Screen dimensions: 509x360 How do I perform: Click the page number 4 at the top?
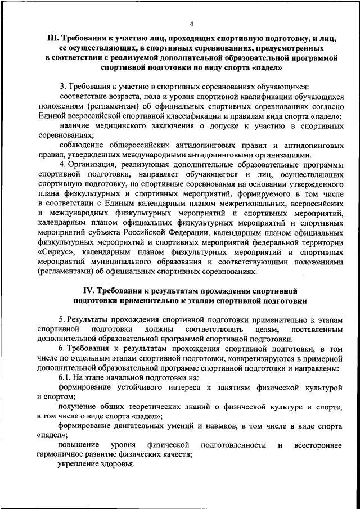coord(191,24)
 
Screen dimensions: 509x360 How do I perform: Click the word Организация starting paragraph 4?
coord(92,164)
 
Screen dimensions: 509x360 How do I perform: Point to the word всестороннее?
coord(317,445)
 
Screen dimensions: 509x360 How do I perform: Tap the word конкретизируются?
coord(242,359)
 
